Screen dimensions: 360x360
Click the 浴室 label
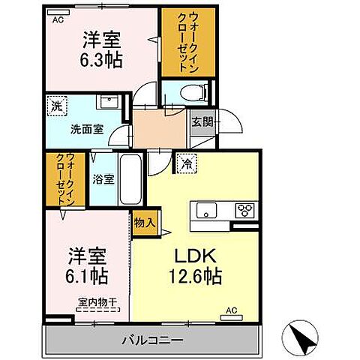click(103, 180)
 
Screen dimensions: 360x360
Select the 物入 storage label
click(145, 222)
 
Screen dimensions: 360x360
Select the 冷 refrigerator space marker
click(184, 160)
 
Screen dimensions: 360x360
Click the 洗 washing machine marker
click(56, 106)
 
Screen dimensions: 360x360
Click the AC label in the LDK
click(232, 309)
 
